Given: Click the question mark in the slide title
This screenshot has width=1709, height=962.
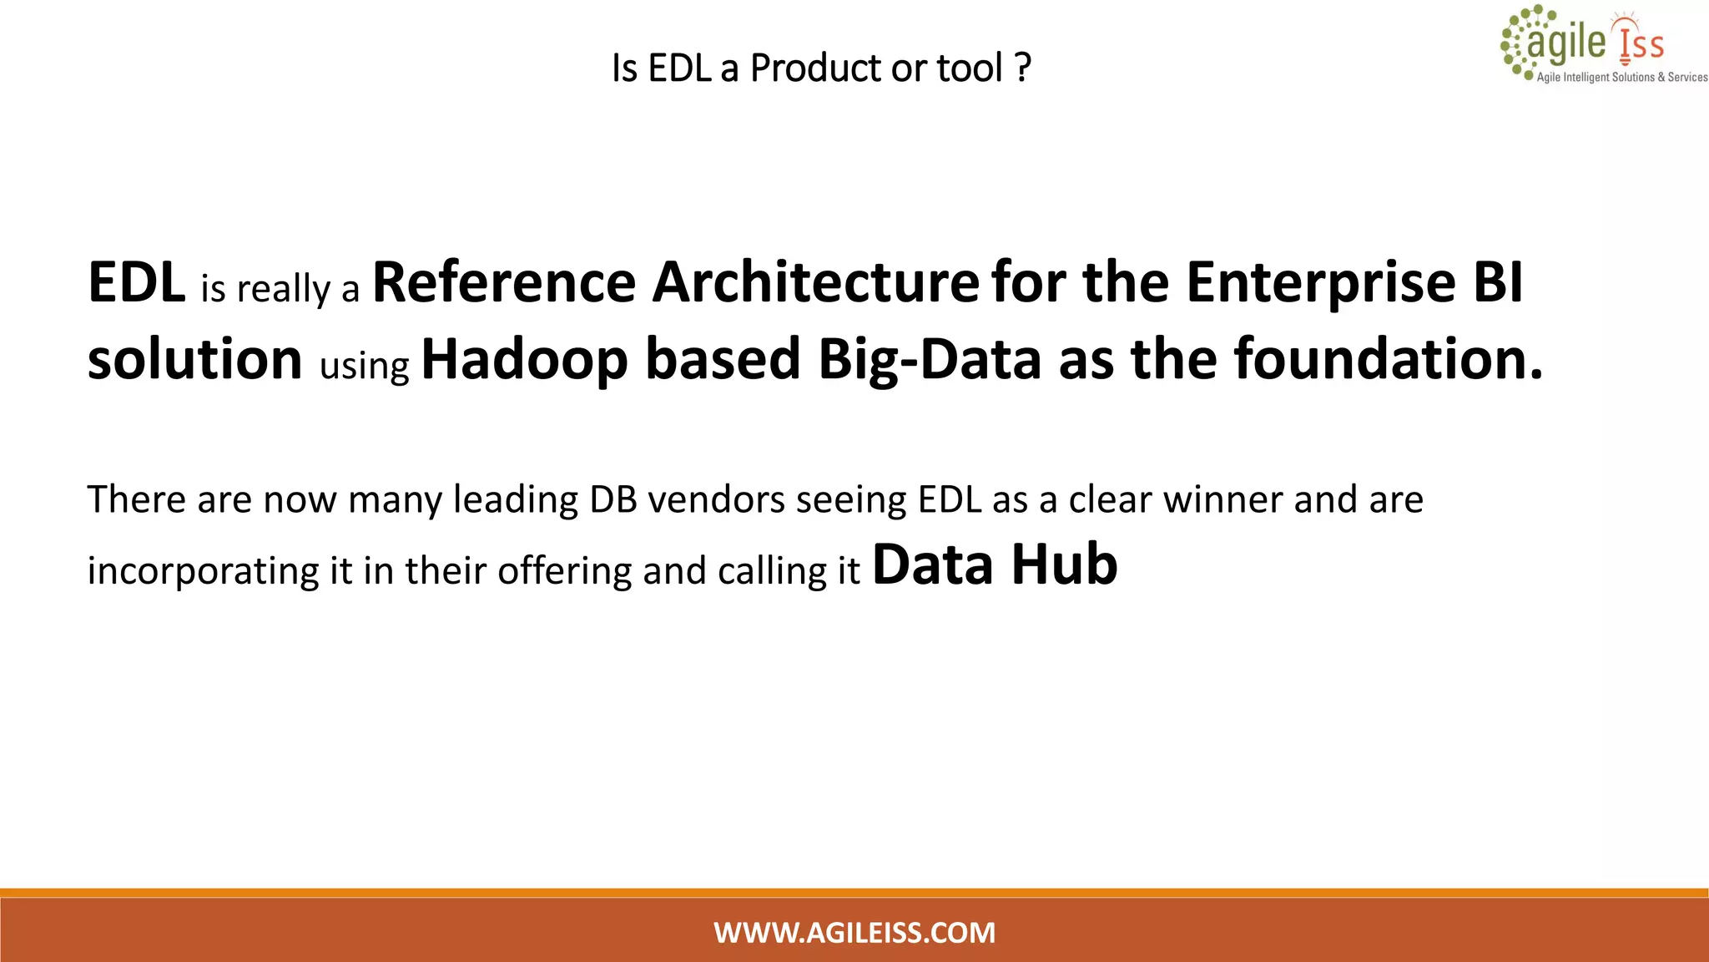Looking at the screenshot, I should click(x=1024, y=68).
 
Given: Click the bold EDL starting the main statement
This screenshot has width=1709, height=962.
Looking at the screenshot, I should click(x=137, y=282).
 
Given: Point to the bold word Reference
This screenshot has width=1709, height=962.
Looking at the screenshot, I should click(x=504, y=282).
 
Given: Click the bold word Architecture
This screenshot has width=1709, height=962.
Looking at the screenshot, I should click(x=815, y=282).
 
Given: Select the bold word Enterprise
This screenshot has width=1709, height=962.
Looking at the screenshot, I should click(x=1321, y=282).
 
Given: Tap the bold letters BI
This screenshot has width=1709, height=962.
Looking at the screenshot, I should click(x=1499, y=282).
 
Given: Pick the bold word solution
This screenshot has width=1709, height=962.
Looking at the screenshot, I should click(x=195, y=359).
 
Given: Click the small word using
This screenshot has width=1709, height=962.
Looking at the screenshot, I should click(x=365, y=366).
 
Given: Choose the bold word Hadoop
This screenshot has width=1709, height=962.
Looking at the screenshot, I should click(x=524, y=359).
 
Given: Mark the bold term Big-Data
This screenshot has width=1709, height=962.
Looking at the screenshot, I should click(x=930, y=359).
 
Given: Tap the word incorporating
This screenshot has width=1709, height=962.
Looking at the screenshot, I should click(x=203, y=571).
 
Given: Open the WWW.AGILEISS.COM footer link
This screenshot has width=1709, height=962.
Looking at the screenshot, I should click(x=854, y=932).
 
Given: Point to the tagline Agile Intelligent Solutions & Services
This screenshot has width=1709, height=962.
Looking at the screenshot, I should click(x=1621, y=77).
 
